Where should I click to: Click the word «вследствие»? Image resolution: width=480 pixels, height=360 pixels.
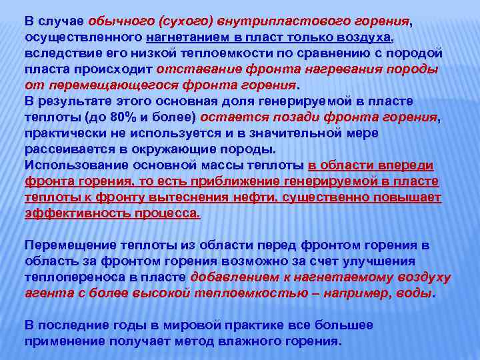coord(59,53)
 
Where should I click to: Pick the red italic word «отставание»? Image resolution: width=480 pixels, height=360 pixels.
coord(194,69)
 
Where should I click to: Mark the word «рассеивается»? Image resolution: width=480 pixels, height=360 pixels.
coord(65,149)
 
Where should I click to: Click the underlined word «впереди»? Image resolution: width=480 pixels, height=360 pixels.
coord(404,165)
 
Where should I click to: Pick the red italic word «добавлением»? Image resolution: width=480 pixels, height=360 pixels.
coord(231,277)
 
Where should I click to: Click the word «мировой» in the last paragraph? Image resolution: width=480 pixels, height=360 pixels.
coord(157,325)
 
